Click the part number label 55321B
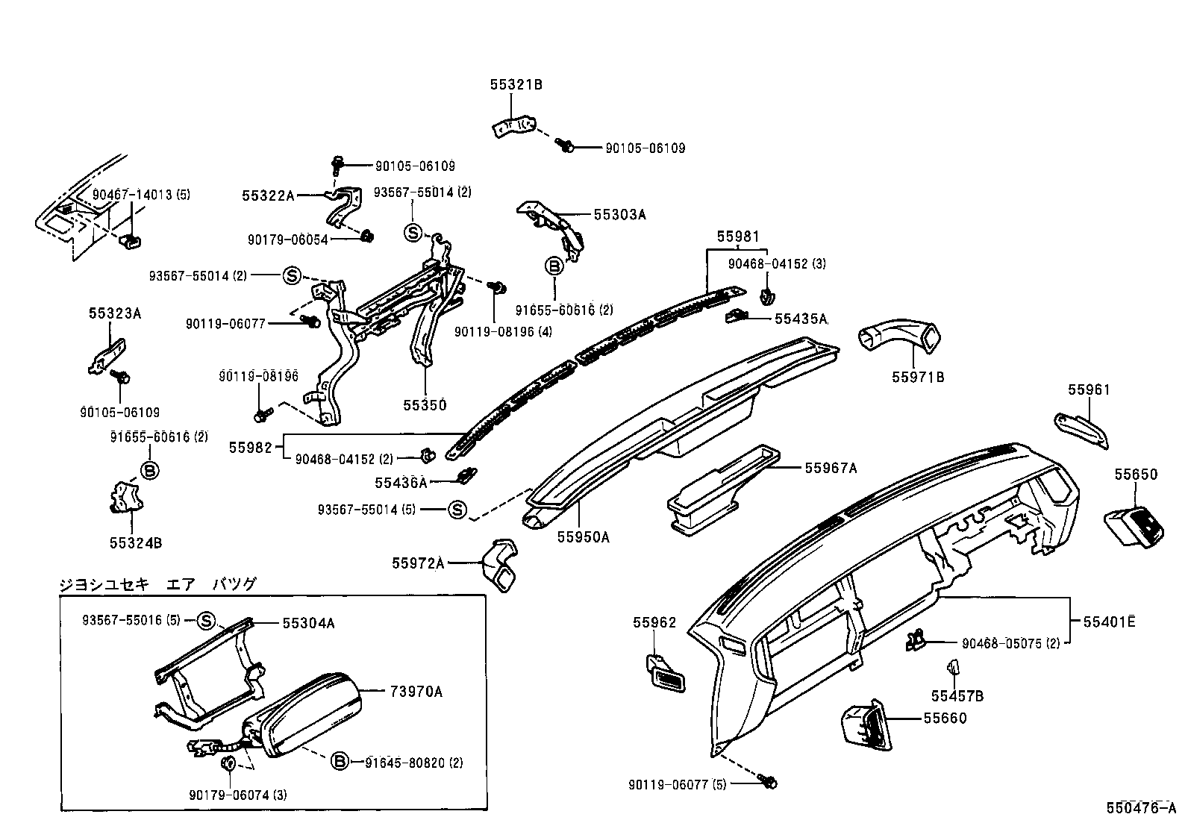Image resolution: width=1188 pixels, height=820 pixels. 516,85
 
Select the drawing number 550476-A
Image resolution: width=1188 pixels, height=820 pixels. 1145,808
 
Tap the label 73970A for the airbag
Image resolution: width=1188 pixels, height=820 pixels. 416,692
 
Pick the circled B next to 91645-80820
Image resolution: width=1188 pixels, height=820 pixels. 339,762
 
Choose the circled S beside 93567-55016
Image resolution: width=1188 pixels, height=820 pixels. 206,621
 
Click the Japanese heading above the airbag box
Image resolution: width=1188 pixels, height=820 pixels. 157,584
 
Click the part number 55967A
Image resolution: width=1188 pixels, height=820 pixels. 831,469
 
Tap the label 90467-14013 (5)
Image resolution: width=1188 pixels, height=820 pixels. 141,195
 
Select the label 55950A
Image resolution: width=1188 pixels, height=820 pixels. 583,536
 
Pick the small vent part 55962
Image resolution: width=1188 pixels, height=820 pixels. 666,674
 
